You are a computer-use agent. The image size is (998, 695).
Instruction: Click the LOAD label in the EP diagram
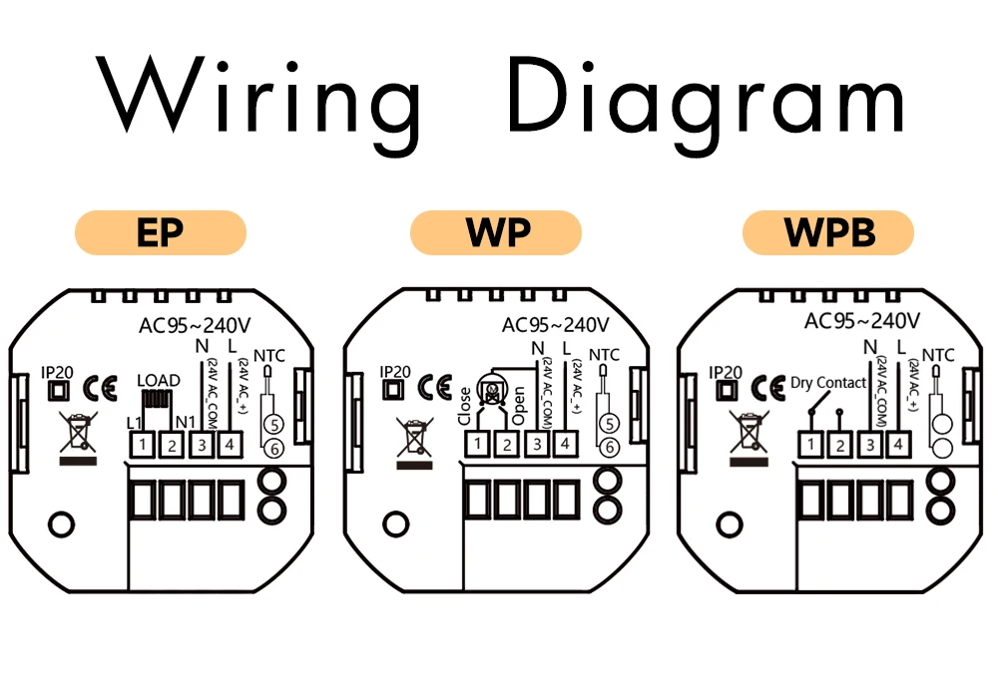click(159, 381)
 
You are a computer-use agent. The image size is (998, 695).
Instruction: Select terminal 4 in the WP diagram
click(563, 443)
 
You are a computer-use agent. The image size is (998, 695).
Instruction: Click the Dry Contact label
click(828, 383)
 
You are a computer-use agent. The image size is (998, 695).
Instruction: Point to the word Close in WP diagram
click(465, 405)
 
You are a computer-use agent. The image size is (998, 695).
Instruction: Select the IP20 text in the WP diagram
click(395, 371)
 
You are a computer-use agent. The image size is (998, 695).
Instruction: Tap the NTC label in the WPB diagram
click(937, 354)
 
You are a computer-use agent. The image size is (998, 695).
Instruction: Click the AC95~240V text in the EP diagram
click(195, 325)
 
